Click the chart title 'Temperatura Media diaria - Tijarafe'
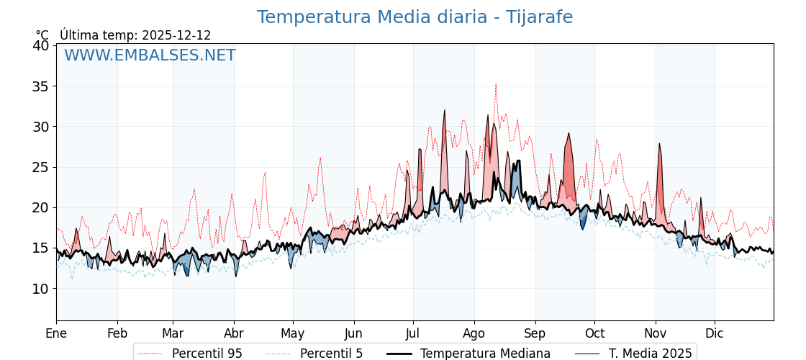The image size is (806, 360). pos(415,17)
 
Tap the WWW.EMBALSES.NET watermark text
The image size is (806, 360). pos(150,55)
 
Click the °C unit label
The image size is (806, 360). pos(42,35)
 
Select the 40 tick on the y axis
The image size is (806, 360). pos(41,45)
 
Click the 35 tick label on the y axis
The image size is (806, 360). pos(41,86)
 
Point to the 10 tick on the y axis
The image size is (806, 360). pos(41,289)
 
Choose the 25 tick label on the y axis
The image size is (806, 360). pos(41,167)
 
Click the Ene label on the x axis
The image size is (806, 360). pos(56,333)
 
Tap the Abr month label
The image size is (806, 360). pos(234,333)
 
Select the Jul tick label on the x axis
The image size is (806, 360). pos(413,333)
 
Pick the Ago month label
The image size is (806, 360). pos(474,333)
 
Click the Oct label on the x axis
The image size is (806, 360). pos(594,333)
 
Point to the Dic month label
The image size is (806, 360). pos(715,333)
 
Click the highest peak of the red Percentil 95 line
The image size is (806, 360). pos(495,84)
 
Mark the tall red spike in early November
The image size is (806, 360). pos(658,143)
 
